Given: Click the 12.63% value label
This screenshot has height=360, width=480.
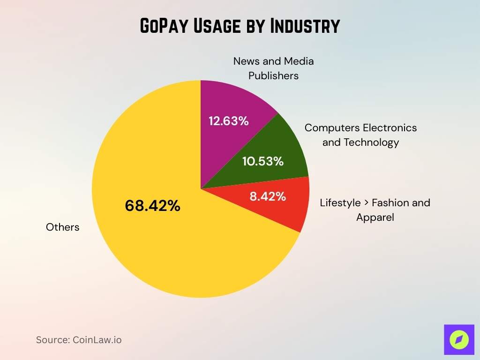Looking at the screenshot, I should coord(228,121).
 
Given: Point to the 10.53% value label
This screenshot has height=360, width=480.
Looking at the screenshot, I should coord(263,162).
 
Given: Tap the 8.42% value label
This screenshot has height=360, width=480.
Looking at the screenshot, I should coord(268,196).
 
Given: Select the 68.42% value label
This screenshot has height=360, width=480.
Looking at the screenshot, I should coord(153,206).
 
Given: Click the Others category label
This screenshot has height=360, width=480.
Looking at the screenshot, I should coord(63,227).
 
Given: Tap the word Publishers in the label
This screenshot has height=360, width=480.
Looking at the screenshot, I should coord(273,75).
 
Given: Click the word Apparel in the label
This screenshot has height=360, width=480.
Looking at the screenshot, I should coord(375,217).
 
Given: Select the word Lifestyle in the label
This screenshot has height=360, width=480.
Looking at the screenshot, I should coord(340,203).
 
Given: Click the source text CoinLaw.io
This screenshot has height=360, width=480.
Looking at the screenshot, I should coord(97,340).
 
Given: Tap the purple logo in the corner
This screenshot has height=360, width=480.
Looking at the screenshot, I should coord(459,340).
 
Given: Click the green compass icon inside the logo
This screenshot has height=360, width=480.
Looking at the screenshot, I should coord(459,340).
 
